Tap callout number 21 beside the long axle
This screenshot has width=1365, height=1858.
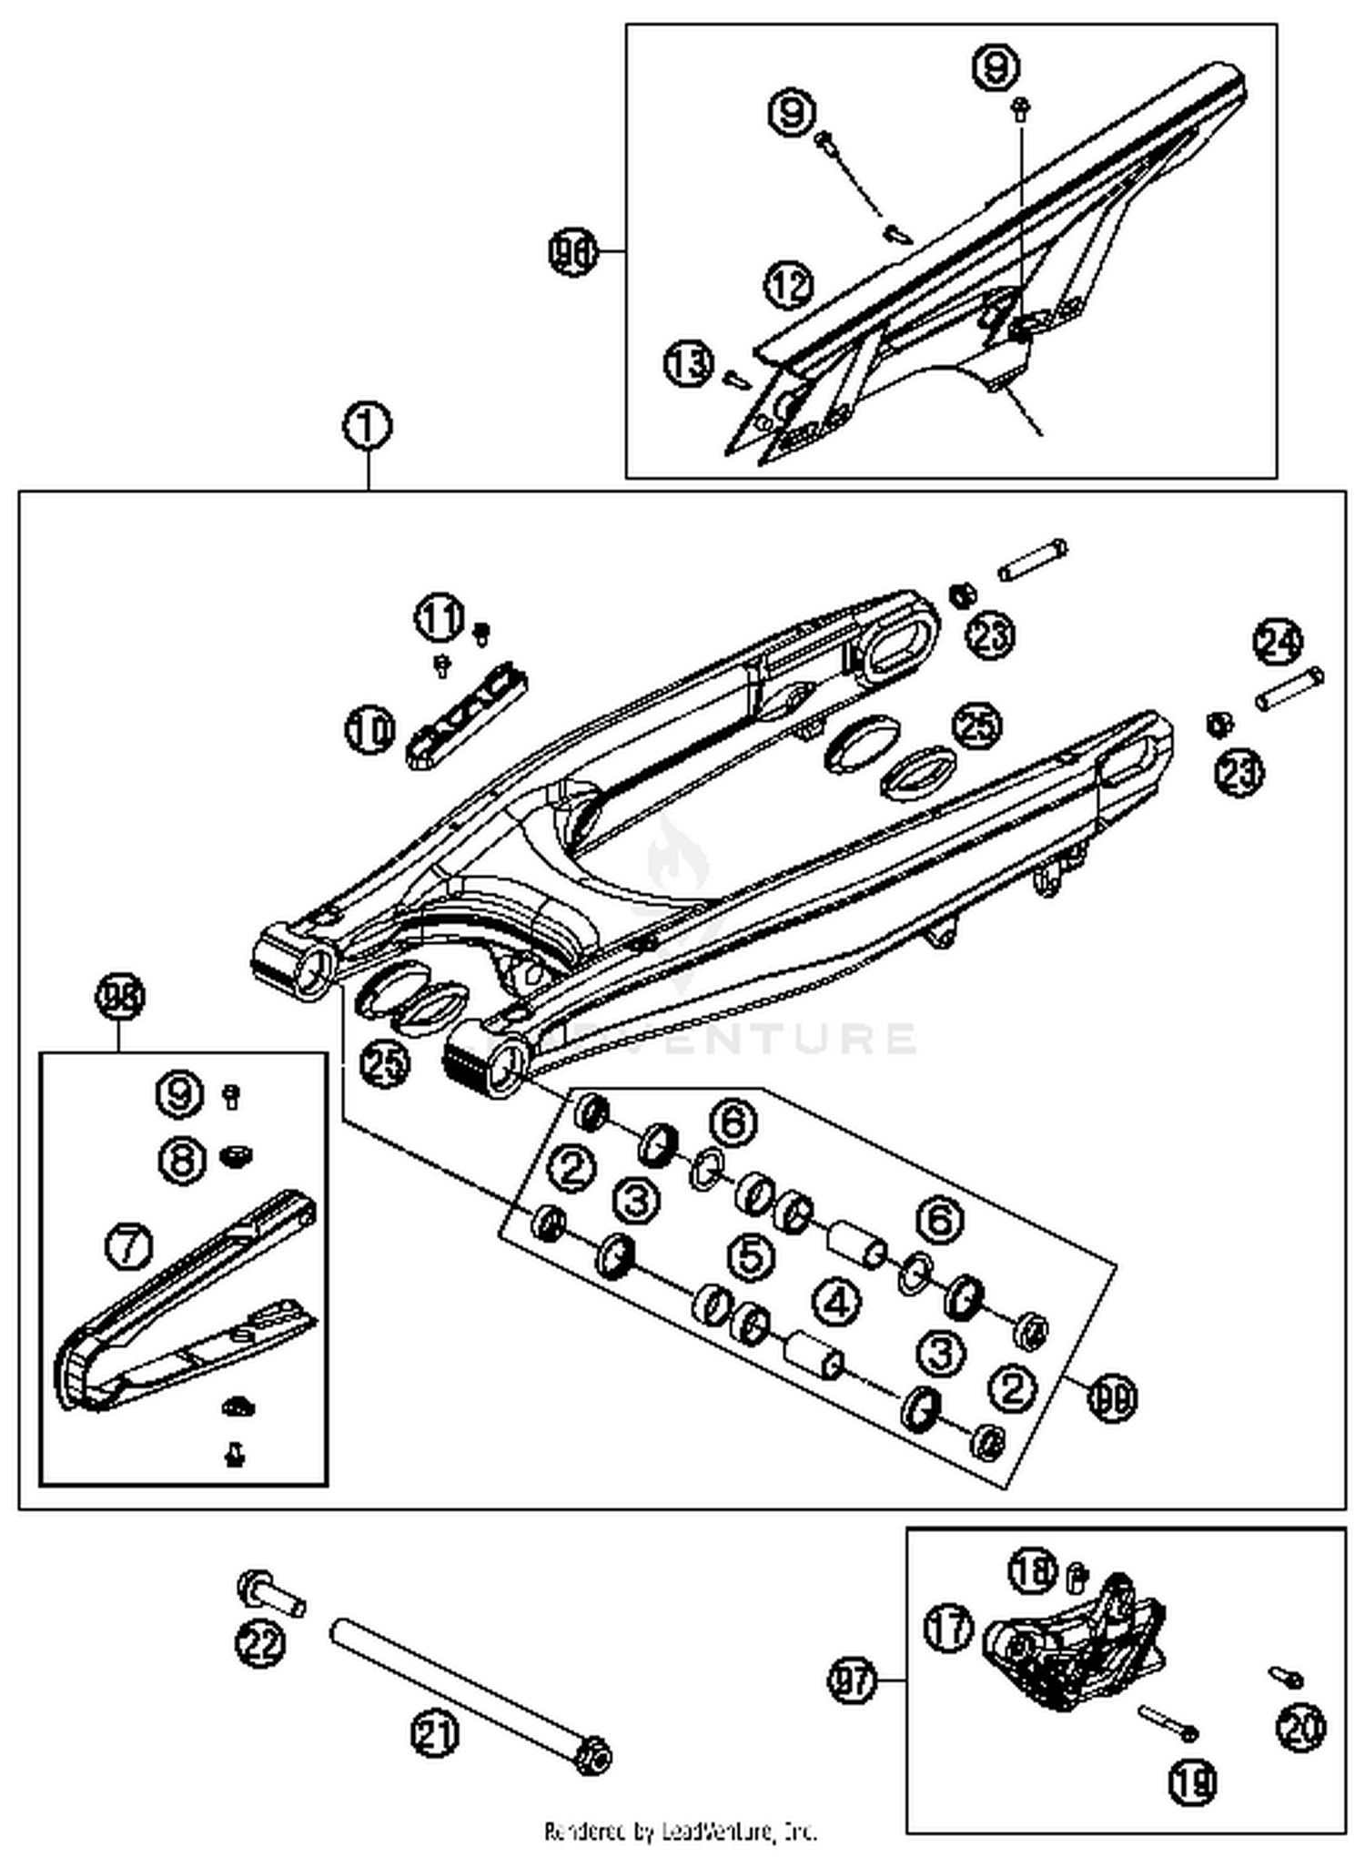[x=435, y=1733]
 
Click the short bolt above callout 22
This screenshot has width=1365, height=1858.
[x=271, y=1593]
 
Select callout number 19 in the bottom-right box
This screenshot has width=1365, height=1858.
[x=1192, y=1780]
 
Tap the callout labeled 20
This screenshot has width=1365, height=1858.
[x=1300, y=1727]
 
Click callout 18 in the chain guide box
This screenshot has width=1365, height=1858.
[x=1033, y=1570]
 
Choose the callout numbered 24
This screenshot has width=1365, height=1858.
[x=1278, y=642]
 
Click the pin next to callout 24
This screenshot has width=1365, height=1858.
[x=1289, y=688]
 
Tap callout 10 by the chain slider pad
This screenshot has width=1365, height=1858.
[x=369, y=730]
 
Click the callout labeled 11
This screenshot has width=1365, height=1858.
[x=440, y=619]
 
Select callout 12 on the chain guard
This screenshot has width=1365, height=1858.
[x=788, y=285]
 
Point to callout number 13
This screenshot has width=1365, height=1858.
[x=688, y=364]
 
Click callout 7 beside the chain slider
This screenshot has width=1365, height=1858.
[x=129, y=1245]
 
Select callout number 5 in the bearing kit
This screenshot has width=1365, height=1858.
[x=752, y=1256]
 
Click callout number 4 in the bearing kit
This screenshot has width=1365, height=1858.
[x=836, y=1303]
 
